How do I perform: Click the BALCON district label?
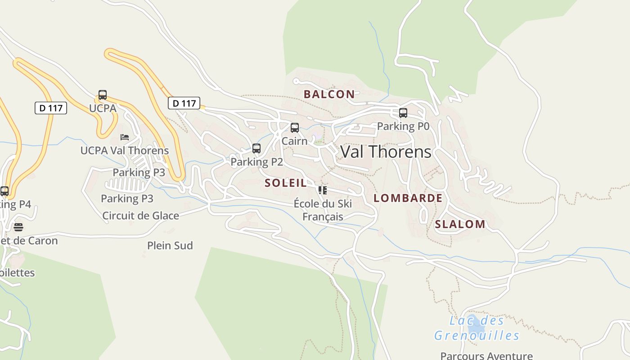click(329, 94)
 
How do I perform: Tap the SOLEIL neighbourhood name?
click(286, 183)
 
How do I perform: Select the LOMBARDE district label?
click(408, 198)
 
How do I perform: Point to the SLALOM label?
click(460, 224)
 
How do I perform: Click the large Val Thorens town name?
click(386, 152)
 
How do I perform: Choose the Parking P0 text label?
click(403, 126)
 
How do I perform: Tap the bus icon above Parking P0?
click(403, 113)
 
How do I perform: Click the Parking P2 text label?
click(256, 162)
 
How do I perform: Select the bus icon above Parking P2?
click(256, 148)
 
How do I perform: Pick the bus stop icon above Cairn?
click(295, 128)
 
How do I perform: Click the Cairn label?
click(294, 141)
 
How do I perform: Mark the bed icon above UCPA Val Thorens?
click(125, 137)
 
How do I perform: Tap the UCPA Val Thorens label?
click(125, 150)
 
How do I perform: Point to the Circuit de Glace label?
click(140, 216)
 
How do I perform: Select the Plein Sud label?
click(170, 245)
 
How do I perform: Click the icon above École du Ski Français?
click(323, 190)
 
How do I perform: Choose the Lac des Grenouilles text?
click(477, 328)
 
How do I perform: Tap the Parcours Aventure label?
click(486, 355)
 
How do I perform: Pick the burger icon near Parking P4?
click(18, 227)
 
